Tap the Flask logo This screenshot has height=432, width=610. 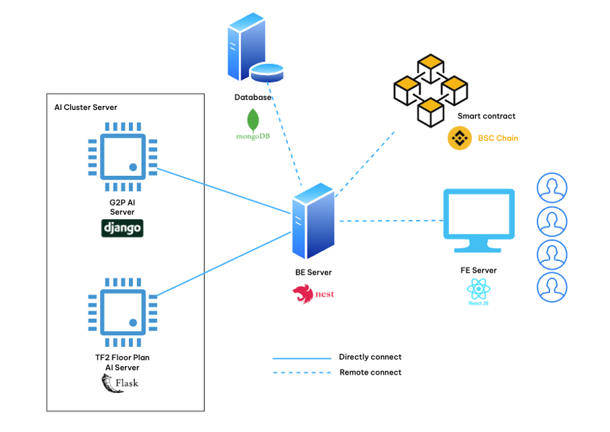(x=120, y=383)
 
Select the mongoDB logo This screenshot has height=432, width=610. (x=252, y=125)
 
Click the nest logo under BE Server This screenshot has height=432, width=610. (x=314, y=294)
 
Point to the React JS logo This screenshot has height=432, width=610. (x=479, y=291)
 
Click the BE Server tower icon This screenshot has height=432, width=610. (x=314, y=222)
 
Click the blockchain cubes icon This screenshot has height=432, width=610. (x=430, y=90)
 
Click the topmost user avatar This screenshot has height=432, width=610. (x=551, y=188)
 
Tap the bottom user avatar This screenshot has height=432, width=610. (x=551, y=287)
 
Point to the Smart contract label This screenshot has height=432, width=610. (x=486, y=116)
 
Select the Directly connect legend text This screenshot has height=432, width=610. (x=370, y=357)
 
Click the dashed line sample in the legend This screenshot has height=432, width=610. (x=302, y=373)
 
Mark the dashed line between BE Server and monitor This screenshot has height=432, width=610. (x=391, y=221)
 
